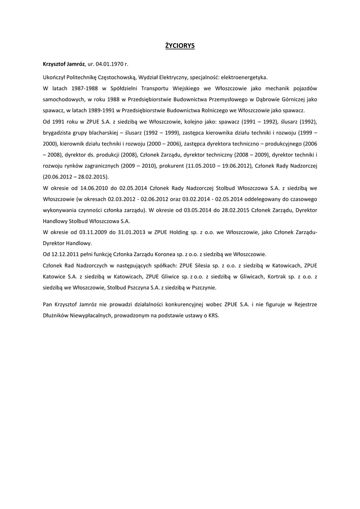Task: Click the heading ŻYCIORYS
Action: [180, 46]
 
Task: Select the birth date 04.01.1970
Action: [109, 65]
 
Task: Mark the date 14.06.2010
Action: [90, 188]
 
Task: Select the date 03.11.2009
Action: [90, 232]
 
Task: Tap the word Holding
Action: [171, 232]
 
